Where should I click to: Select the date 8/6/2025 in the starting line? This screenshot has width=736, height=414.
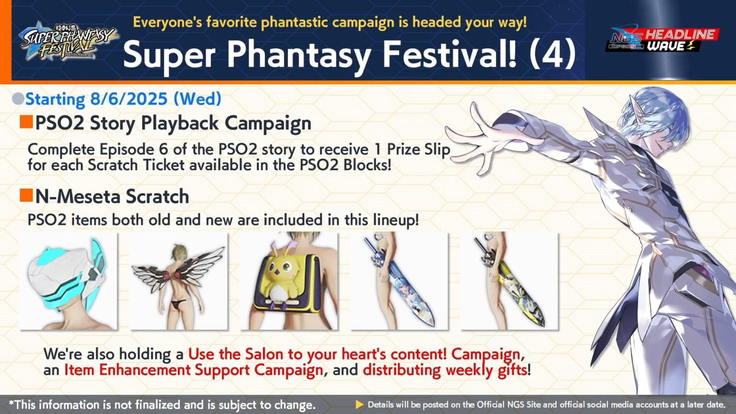[x=128, y=99]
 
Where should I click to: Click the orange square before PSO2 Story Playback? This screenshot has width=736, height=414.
[x=26, y=122]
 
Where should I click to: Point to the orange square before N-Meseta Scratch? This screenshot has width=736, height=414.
[x=26, y=195]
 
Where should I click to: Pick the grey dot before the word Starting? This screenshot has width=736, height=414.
[x=18, y=99]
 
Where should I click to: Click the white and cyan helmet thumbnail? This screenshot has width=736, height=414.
[x=68, y=281]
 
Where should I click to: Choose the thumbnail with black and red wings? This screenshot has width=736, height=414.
[x=179, y=281]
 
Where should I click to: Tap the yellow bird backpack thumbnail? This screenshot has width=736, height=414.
[x=289, y=281]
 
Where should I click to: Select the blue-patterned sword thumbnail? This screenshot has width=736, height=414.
[x=399, y=281]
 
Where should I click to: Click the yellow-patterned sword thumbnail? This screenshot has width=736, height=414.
[x=509, y=281]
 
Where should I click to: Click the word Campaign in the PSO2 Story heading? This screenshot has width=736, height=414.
[x=268, y=123]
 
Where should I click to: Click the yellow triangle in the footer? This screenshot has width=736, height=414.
[x=359, y=405]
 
